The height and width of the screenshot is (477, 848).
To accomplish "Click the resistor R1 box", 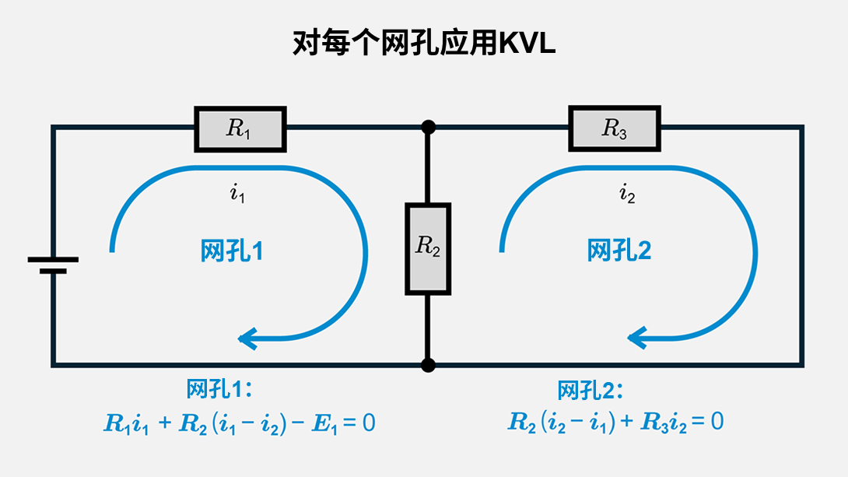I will [240, 129].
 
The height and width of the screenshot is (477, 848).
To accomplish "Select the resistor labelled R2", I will [428, 248].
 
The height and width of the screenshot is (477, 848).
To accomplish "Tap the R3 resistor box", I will [615, 129].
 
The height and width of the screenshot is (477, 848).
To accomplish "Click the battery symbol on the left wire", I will [53, 265].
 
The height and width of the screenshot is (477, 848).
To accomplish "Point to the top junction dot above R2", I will [427, 126].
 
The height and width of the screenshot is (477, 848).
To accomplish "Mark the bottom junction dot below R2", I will [427, 364].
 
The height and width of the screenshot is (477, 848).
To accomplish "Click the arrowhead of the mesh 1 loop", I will [247, 338].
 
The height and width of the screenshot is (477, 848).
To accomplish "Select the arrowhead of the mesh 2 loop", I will [638, 338].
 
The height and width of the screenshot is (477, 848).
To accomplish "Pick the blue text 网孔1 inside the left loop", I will [232, 251].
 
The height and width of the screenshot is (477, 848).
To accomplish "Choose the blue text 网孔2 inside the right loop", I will [619, 251].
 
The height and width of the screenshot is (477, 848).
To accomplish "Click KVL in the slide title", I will [527, 44].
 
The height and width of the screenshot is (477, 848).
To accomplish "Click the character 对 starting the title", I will [303, 44].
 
